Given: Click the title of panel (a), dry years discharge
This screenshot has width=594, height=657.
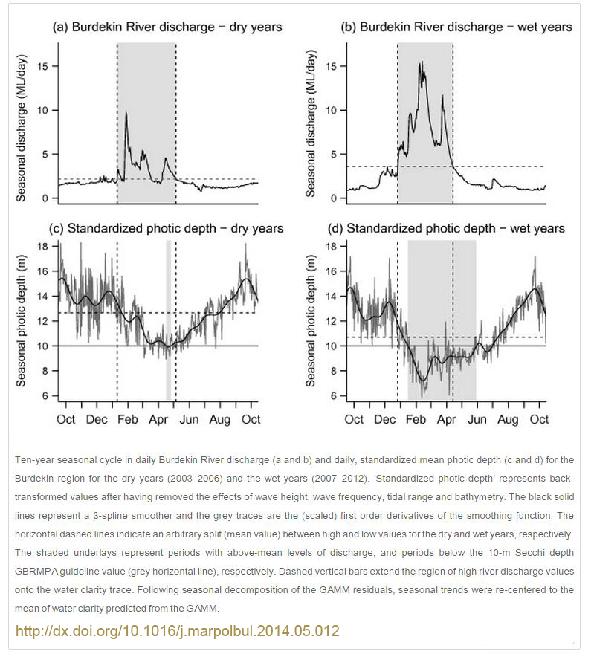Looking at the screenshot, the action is pyautogui.click(x=167, y=27).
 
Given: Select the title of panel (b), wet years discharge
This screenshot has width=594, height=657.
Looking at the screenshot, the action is pyautogui.click(x=456, y=27).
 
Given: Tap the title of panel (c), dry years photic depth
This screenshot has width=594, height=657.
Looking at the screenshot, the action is pyautogui.click(x=167, y=228).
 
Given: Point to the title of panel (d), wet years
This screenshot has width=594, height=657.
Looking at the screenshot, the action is pyautogui.click(x=446, y=228).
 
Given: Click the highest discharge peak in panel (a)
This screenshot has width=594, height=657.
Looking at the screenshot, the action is pyautogui.click(x=126, y=112).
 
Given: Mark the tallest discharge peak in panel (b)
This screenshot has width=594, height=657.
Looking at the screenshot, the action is pyautogui.click(x=422, y=62).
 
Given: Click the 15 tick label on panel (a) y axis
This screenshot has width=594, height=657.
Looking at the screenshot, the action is pyautogui.click(x=43, y=66).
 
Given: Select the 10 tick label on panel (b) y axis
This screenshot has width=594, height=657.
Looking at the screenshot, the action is pyautogui.click(x=331, y=110).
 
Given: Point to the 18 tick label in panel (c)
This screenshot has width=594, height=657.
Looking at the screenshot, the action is pyautogui.click(x=43, y=246).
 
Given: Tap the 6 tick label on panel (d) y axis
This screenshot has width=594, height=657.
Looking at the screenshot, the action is pyautogui.click(x=334, y=395).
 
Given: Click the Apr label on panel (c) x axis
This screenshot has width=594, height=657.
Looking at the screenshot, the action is pyautogui.click(x=158, y=420).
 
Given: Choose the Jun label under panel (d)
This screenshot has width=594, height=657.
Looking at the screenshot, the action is pyautogui.click(x=477, y=419).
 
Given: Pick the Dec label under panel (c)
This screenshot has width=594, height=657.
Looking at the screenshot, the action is pyautogui.click(x=97, y=419).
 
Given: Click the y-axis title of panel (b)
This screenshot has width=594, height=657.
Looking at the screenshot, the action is pyautogui.click(x=310, y=124).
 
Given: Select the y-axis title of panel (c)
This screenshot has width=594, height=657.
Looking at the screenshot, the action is pyautogui.click(x=21, y=321).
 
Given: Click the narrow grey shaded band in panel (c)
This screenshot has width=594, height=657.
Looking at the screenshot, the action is pyautogui.click(x=169, y=320).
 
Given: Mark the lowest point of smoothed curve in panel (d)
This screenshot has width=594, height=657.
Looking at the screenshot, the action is pyautogui.click(x=423, y=381).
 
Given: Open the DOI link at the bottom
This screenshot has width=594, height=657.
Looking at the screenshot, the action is pyautogui.click(x=178, y=631).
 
